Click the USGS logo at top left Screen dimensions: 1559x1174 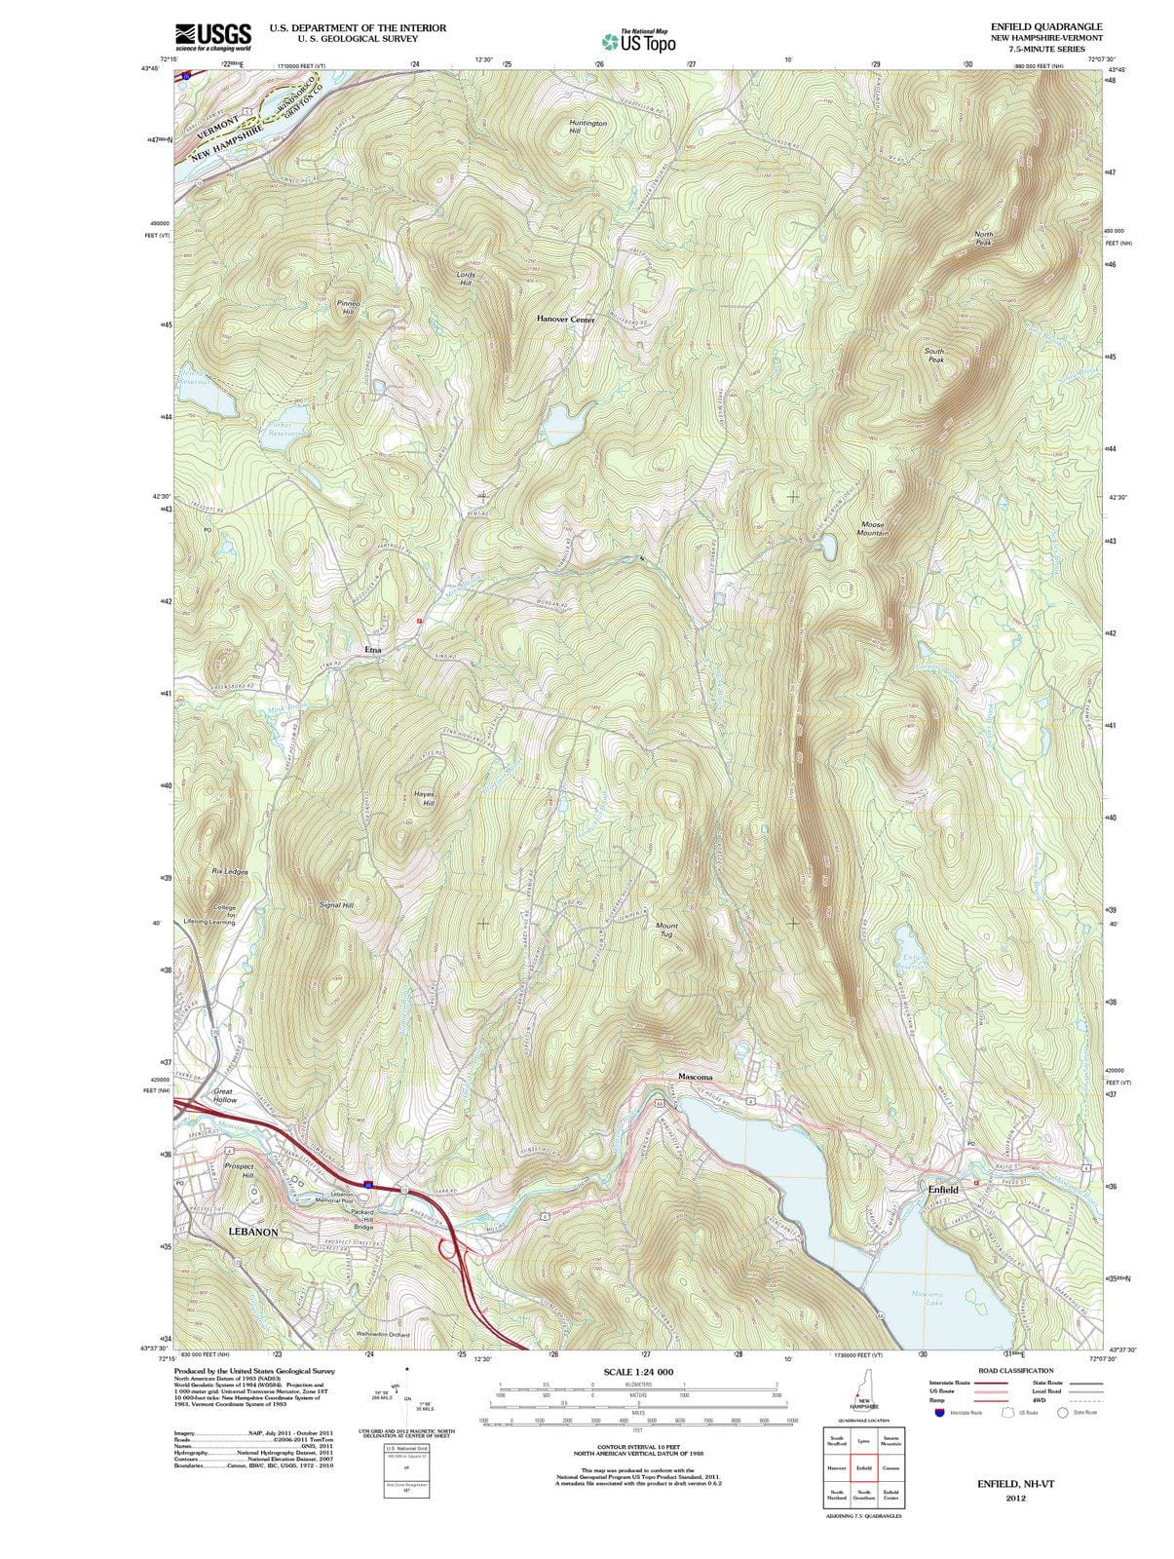[213, 36]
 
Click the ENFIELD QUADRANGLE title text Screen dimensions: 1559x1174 [1046, 26]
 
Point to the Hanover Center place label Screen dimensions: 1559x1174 [565, 320]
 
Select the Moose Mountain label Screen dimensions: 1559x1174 [872, 529]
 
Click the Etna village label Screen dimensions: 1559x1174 [373, 649]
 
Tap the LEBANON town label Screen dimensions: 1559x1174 [253, 1232]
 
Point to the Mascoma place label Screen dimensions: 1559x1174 [696, 1077]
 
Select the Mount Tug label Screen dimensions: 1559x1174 [666, 930]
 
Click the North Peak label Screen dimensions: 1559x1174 [984, 239]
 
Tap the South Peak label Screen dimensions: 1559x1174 [934, 355]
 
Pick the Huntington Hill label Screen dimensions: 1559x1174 [587, 128]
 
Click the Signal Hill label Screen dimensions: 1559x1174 [336, 905]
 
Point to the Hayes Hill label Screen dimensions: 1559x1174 [424, 798]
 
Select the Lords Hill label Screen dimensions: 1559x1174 [466, 279]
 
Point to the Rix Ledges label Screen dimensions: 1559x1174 [230, 872]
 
